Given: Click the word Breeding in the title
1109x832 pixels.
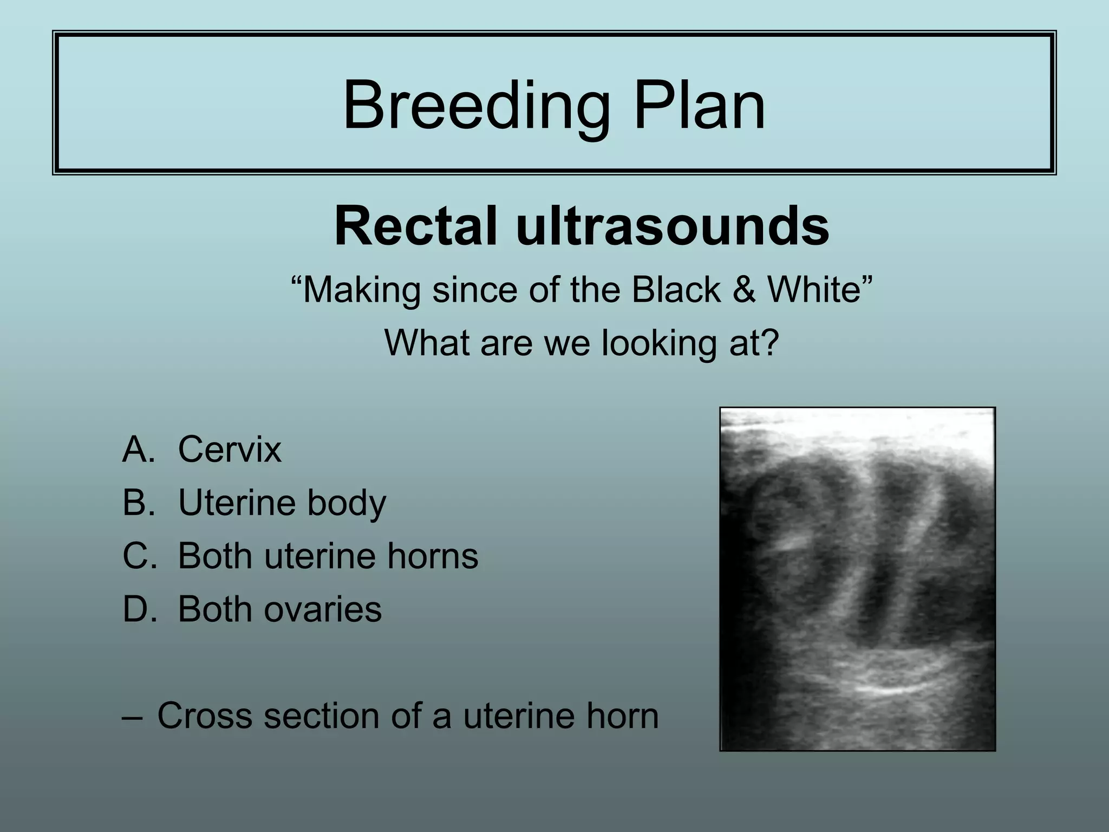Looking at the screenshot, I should pos(476,106).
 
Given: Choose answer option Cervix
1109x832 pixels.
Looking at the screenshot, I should pos(230,450).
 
